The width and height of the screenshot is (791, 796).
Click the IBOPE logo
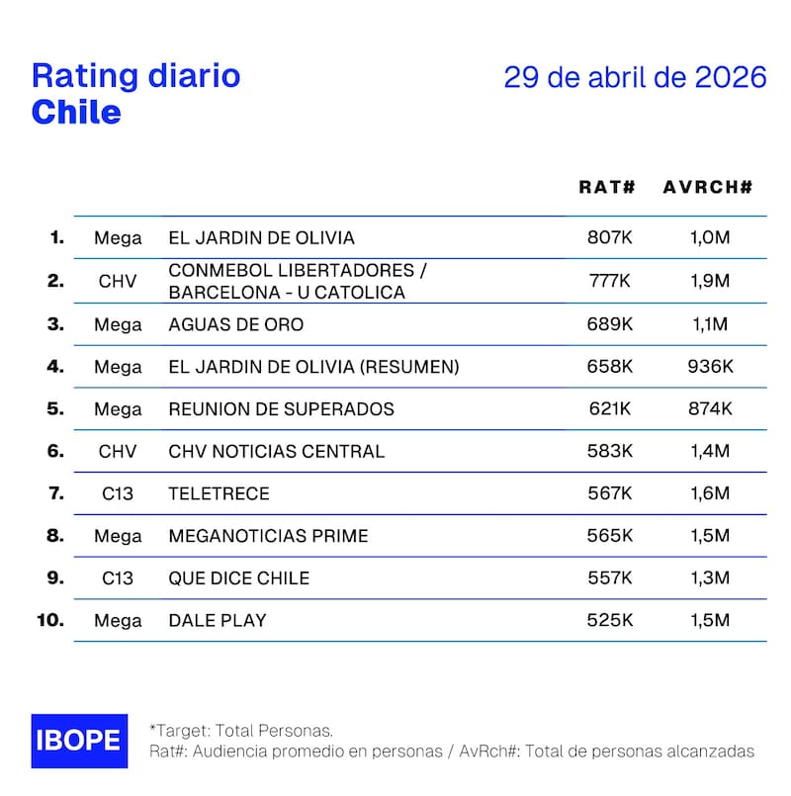click(79, 741)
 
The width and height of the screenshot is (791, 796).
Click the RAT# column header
click(607, 186)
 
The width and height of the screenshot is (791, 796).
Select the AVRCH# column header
click(708, 186)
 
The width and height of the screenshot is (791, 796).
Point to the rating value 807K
click(609, 238)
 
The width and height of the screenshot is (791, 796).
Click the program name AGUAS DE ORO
click(236, 324)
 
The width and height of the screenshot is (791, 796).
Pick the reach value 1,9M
click(709, 281)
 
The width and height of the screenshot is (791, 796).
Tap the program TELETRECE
click(219, 493)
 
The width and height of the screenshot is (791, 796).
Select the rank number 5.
click(55, 408)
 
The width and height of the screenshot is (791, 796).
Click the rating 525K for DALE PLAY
click(609, 621)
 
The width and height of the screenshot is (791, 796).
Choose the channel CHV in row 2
click(118, 281)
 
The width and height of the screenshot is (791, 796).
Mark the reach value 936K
click(710, 367)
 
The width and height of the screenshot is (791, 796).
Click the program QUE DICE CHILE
click(239, 578)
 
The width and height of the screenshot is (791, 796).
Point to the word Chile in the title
click(76, 112)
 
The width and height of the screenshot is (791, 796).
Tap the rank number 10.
click(50, 621)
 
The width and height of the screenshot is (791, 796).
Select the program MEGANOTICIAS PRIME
click(268, 536)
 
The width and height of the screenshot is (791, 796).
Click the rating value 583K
click(609, 451)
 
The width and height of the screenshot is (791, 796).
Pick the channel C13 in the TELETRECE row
click(118, 493)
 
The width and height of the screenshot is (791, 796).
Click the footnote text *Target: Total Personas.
click(241, 731)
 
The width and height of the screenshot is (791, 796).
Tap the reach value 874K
click(710, 408)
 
